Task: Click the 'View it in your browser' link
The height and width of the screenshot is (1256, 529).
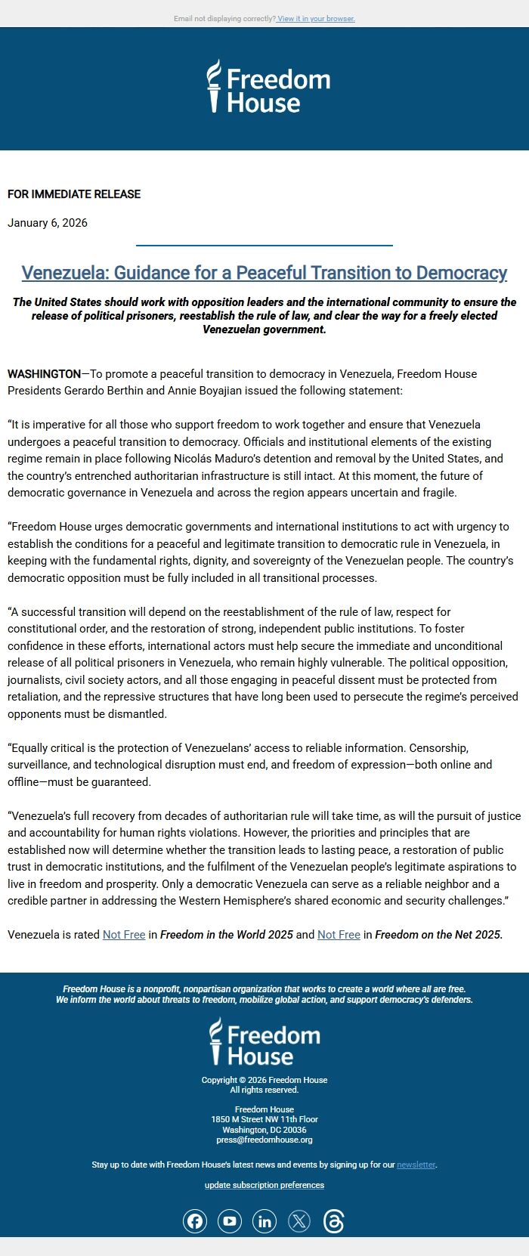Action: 316,19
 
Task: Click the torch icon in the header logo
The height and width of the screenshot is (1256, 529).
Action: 215,85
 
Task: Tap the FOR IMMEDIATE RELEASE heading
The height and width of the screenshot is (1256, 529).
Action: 74,194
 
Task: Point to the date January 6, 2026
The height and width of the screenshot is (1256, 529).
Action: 48,223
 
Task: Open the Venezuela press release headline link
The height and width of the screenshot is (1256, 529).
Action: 264,273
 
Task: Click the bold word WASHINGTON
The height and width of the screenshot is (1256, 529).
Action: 44,374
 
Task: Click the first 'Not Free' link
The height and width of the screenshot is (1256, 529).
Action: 124,935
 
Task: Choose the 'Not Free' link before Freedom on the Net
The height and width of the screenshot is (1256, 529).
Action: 339,935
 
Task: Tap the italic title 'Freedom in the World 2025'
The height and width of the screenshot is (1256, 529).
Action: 227,935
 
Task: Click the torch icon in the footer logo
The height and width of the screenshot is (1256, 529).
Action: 216,1041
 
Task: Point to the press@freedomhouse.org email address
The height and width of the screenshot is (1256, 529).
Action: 264,1140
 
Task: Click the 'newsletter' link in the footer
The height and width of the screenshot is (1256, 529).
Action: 416,1165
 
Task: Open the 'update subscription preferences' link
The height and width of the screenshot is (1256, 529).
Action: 264,1185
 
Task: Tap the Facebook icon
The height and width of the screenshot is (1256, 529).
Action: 195,1221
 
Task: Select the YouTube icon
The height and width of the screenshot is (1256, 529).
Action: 230,1221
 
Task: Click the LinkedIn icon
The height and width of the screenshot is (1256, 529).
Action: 264,1221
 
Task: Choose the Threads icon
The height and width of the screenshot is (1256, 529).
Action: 334,1221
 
